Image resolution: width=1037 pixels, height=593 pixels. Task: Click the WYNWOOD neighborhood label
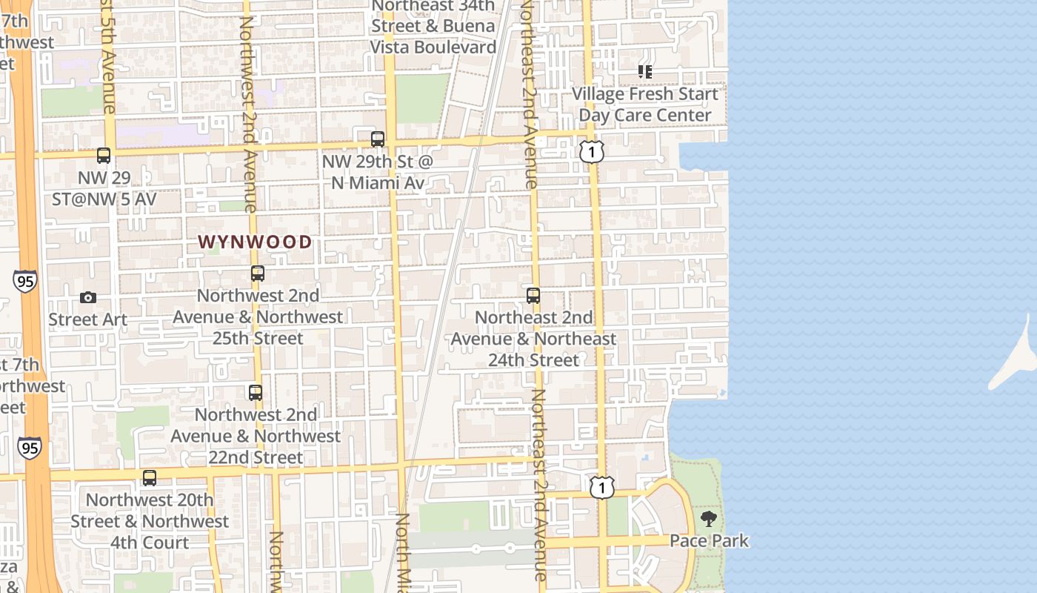tap(255, 242)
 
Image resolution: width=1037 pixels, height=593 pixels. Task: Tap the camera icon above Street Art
tap(88, 297)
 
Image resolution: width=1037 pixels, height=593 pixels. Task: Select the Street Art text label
tap(88, 319)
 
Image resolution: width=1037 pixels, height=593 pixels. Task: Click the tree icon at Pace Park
tap(709, 519)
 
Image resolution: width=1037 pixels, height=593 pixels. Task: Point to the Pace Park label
tap(709, 541)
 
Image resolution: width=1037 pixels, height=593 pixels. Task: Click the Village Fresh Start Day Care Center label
tap(645, 105)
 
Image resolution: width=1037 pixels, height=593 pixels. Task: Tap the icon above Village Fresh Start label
tap(645, 72)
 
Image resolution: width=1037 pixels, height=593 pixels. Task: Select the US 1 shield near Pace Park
tap(602, 487)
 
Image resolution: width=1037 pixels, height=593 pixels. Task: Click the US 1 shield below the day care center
tap(592, 152)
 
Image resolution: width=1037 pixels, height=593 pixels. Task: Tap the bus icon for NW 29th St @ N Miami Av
tap(378, 139)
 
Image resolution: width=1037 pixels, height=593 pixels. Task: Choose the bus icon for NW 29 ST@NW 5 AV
tap(104, 156)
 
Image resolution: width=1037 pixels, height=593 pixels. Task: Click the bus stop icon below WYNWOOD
tap(258, 274)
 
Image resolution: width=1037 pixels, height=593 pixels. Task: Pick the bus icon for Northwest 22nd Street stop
tap(256, 393)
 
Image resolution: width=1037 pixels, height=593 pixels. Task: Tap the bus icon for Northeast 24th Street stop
tap(533, 296)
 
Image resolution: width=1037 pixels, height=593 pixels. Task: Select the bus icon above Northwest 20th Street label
tap(150, 478)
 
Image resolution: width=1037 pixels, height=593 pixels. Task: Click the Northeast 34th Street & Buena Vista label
tap(433, 27)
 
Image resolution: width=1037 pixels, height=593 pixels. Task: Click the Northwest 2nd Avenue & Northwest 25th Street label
tap(258, 317)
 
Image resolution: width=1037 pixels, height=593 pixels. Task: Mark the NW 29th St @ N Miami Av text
tap(377, 171)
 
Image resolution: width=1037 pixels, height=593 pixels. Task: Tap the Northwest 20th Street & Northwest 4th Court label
tap(150, 522)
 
